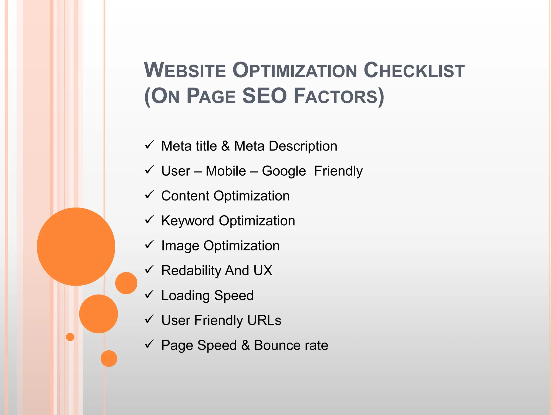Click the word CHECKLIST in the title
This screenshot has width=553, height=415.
414,70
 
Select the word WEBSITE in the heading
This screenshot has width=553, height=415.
185,70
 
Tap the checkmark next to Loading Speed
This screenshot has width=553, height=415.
149,294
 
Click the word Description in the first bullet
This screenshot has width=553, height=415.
303,146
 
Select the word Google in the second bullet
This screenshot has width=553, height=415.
284,171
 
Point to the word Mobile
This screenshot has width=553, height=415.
226,171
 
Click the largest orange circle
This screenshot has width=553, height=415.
76,246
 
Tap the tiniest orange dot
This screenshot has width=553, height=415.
70,337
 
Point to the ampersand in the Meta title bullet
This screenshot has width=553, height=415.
225,146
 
